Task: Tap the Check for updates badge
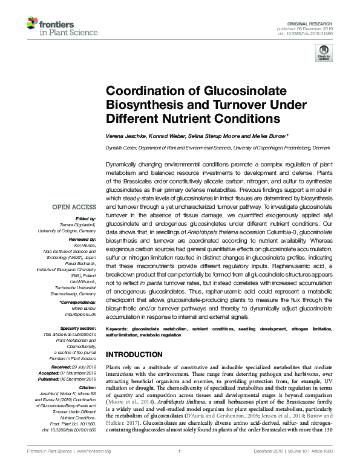coord(324,54)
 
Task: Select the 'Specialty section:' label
coord(79,329)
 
